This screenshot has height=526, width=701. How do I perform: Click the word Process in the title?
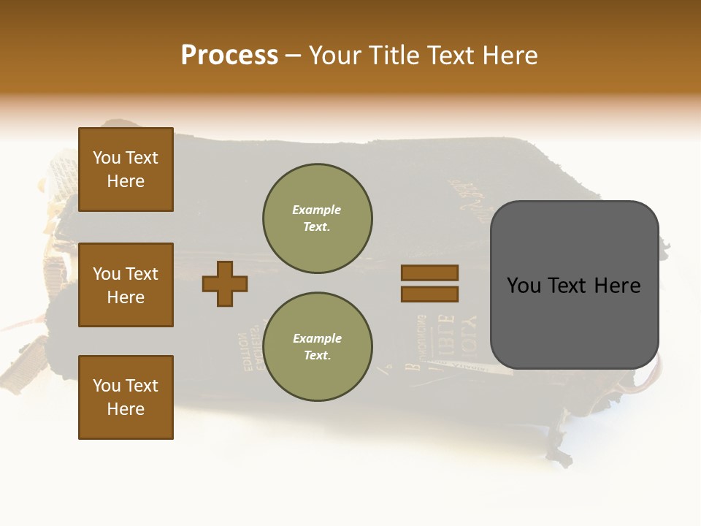click(229, 56)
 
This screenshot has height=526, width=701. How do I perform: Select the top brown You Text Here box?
click(126, 169)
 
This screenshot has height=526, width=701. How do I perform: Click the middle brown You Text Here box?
click(126, 285)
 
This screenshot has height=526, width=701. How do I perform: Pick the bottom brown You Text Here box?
click(126, 397)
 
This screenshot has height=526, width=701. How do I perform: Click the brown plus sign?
click(225, 283)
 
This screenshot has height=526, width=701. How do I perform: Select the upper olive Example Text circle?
click(317, 218)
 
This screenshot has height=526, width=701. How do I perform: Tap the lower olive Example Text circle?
click(317, 347)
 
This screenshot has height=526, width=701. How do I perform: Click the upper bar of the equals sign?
click(430, 272)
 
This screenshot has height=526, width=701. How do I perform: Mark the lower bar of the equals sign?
click(430, 294)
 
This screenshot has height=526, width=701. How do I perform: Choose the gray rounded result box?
click(574, 285)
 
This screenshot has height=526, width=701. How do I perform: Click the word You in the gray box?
click(525, 286)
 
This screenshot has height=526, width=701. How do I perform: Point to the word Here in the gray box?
click(617, 286)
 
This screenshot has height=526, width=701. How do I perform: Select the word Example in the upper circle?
click(317, 210)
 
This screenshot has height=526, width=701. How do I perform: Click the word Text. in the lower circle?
click(317, 356)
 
